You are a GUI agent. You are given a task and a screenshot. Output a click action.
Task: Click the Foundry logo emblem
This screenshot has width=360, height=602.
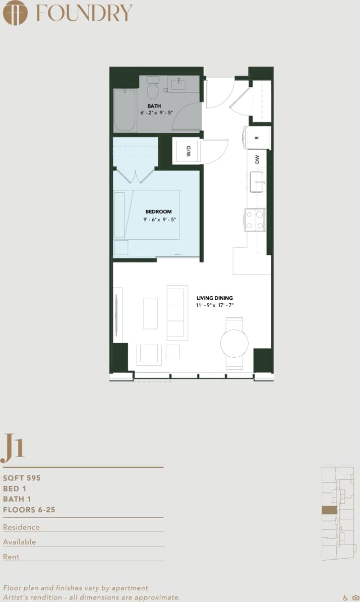tap(15, 13)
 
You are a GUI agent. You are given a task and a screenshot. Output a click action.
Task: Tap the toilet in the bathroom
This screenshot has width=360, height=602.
tap(153, 90)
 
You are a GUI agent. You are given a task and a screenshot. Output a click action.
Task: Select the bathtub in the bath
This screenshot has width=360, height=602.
tap(124, 110)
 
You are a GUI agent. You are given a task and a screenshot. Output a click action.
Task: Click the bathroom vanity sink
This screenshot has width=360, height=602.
tap(178, 84)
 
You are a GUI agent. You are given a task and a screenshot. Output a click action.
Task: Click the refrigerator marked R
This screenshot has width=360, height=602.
tap(257, 138)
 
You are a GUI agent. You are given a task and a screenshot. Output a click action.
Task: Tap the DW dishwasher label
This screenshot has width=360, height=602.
tap(257, 159)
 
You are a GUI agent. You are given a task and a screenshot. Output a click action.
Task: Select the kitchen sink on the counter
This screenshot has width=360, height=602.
tap(257, 181)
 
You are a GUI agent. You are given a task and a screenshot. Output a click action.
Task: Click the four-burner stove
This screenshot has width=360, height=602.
tap(255, 220)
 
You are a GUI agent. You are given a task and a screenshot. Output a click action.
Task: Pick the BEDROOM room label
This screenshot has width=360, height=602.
tap(158, 212)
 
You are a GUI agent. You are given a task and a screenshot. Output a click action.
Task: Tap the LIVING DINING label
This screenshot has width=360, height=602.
tap(215, 298)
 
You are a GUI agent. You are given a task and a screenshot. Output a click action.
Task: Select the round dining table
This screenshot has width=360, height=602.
tap(234, 344)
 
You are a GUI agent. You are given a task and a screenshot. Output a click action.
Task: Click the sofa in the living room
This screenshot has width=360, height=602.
tap(177, 313)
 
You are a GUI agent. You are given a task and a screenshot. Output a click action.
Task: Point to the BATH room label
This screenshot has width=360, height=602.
tap(154, 106)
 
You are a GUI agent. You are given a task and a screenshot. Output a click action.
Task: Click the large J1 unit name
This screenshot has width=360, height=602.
tap(13, 447)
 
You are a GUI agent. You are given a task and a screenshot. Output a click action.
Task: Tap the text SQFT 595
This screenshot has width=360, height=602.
tap(22, 478)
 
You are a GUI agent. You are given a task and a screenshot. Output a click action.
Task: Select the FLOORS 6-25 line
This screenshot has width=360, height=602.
tap(29, 510)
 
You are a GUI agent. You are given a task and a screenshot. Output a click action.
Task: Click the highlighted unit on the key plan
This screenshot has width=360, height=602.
tap(329, 510)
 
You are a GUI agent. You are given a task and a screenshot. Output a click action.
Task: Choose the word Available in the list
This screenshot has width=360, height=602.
tap(20, 542)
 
